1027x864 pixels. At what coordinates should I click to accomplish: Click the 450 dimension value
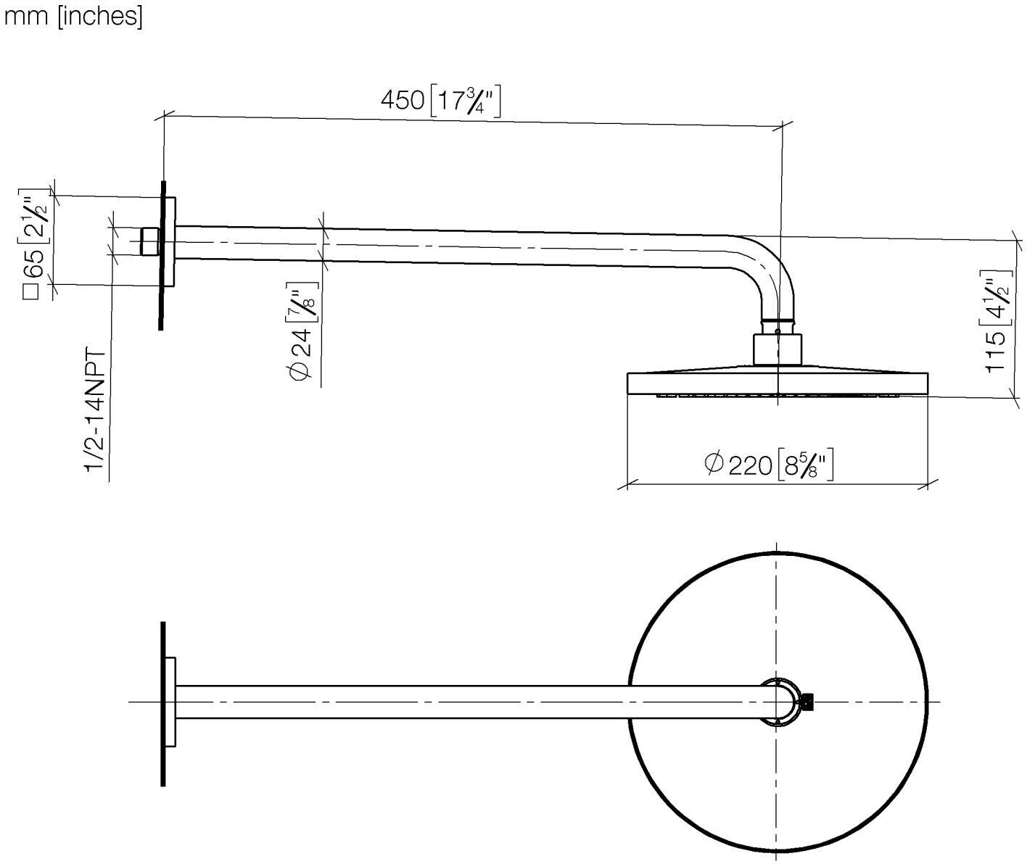pyautogui.click(x=402, y=100)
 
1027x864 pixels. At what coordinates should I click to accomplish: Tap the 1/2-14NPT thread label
pyautogui.click(x=96, y=410)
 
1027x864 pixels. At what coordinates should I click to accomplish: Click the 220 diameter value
pyautogui.click(x=750, y=465)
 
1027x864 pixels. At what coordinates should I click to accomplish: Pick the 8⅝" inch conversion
pyautogui.click(x=807, y=465)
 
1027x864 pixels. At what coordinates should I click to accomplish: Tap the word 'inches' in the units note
pyautogui.click(x=100, y=17)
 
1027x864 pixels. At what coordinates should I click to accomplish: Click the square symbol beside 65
pyautogui.click(x=31, y=292)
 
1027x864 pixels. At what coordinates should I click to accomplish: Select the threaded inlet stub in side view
pyautogui.click(x=150, y=241)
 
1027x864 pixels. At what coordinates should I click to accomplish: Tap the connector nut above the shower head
pyautogui.click(x=778, y=349)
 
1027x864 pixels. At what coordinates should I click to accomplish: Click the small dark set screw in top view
pyautogui.click(x=807, y=702)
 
